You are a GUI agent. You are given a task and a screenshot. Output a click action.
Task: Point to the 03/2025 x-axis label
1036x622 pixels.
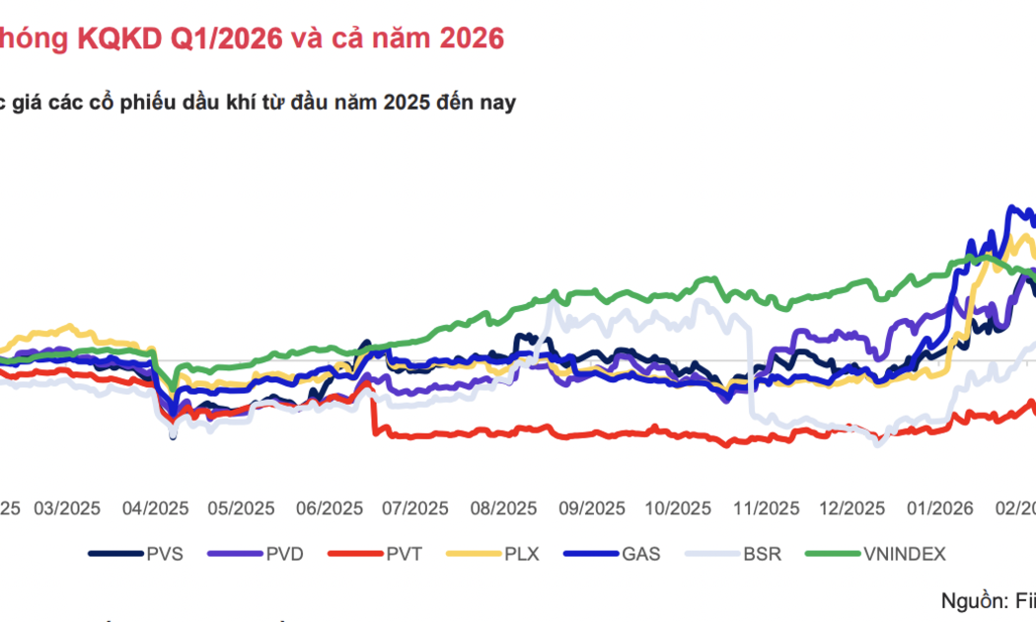pos(67,508)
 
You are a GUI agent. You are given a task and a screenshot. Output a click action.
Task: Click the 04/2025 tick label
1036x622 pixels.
pos(155,508)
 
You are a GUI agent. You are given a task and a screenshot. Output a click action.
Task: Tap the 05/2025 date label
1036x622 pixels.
pos(241,508)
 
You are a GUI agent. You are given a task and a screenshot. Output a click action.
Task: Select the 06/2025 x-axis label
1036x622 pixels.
pos(329,508)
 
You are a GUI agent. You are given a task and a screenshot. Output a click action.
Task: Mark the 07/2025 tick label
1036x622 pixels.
pos(415,508)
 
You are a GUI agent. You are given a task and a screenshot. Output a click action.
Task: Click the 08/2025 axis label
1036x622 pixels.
pos(503,508)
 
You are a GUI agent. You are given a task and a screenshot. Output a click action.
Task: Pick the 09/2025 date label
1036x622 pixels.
pos(591,508)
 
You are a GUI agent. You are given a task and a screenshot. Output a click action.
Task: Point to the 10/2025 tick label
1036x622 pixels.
pos(678,508)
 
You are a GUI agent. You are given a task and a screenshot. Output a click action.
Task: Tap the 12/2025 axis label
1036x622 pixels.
pos(852,508)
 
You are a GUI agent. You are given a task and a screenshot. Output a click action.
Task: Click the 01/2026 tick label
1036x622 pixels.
pos(940,508)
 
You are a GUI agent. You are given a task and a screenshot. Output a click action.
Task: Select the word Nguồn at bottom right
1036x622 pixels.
pos(972,600)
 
